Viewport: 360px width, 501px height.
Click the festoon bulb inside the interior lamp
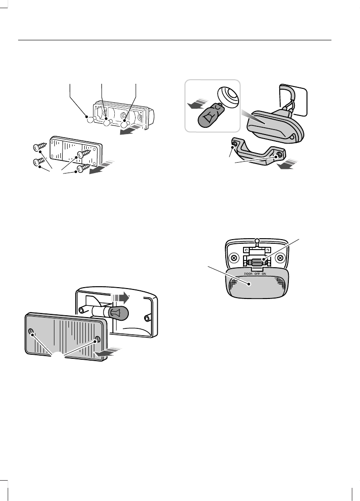pyautogui.click(x=257, y=261)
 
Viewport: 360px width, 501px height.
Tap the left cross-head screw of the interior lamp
pyautogui.click(x=234, y=258)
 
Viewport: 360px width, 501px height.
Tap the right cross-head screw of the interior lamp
pyautogui.click(x=281, y=258)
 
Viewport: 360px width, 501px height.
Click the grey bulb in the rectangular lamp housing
pyautogui.click(x=118, y=312)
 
